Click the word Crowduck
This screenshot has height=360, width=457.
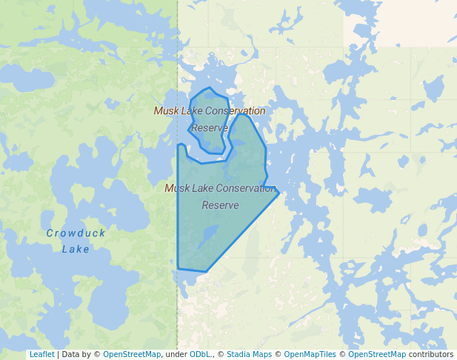point(76,233)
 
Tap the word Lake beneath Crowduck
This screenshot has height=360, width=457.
point(76,250)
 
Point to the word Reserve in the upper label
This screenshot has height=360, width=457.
point(210,128)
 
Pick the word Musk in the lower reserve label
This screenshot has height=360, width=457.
point(177,188)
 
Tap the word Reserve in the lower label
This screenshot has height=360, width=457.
point(221,205)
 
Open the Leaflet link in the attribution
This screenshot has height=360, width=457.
point(41,355)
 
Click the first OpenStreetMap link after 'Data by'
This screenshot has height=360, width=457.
point(132,355)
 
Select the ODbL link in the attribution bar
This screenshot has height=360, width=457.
point(199,355)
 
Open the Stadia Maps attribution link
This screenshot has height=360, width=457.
point(249,355)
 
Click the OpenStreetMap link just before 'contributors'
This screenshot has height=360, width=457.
point(377,355)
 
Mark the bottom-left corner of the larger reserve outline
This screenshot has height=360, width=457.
point(179,267)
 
